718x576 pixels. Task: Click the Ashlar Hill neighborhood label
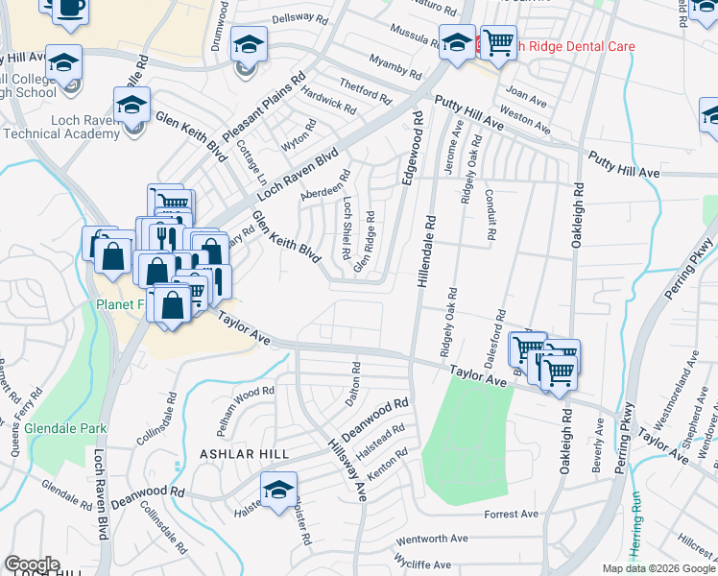tap(236, 452)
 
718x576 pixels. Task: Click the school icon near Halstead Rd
tap(278, 488)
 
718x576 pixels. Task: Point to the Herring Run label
tap(635, 540)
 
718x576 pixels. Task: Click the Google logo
tap(32, 564)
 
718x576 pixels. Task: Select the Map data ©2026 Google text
tap(658, 568)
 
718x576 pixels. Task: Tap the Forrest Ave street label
tap(511, 515)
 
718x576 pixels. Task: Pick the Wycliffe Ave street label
tap(422, 564)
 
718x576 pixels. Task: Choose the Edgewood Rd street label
tap(417, 149)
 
